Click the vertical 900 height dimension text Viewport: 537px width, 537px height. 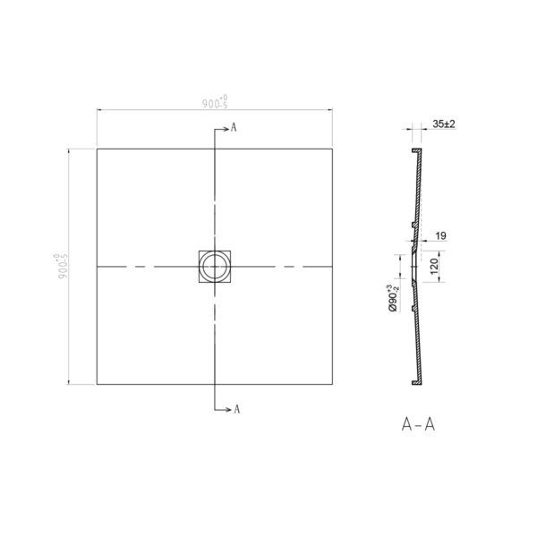pyautogui.click(x=62, y=266)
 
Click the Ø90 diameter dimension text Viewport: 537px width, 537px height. pyautogui.click(x=394, y=298)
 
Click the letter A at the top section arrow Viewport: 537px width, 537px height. pyautogui.click(x=234, y=128)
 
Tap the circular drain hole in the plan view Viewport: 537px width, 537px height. pyautogui.click(x=215, y=267)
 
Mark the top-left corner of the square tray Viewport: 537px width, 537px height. pyautogui.click(x=97, y=149)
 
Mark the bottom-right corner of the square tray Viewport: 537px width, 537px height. pyautogui.click(x=334, y=385)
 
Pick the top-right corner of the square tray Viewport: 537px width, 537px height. pyautogui.click(x=334, y=149)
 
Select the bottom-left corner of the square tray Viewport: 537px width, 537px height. pyautogui.click(x=97, y=385)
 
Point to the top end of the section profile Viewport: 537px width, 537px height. pyautogui.click(x=414, y=150)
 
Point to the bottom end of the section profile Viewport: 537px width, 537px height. pyautogui.click(x=414, y=383)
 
